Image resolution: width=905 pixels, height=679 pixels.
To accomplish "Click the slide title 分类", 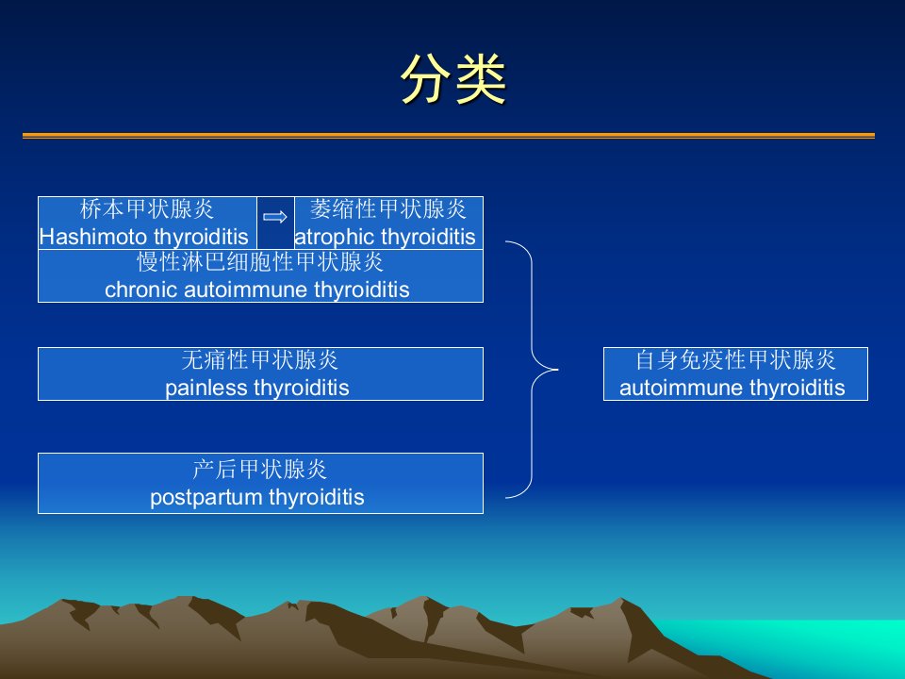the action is point(453,79).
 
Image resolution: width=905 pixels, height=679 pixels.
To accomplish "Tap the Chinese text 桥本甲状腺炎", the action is point(147,209).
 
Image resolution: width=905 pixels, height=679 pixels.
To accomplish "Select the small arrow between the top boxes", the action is point(274,217).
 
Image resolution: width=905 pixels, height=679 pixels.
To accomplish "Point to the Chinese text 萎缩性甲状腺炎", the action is point(387,209).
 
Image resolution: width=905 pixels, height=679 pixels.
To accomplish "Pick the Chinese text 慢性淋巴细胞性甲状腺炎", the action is point(260,262).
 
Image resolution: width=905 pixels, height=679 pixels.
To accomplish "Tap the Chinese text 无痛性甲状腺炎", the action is point(260,360).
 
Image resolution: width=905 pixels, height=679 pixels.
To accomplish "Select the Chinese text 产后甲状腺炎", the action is point(260,470).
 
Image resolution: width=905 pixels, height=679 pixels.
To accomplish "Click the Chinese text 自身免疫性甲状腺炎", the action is point(735,360).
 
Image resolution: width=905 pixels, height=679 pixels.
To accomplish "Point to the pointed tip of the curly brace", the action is point(557,369).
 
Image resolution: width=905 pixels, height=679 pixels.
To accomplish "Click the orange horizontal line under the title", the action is point(449,136).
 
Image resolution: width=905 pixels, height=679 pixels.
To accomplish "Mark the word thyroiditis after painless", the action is point(302,388).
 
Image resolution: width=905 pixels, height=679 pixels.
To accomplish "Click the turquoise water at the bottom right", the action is point(831,647).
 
